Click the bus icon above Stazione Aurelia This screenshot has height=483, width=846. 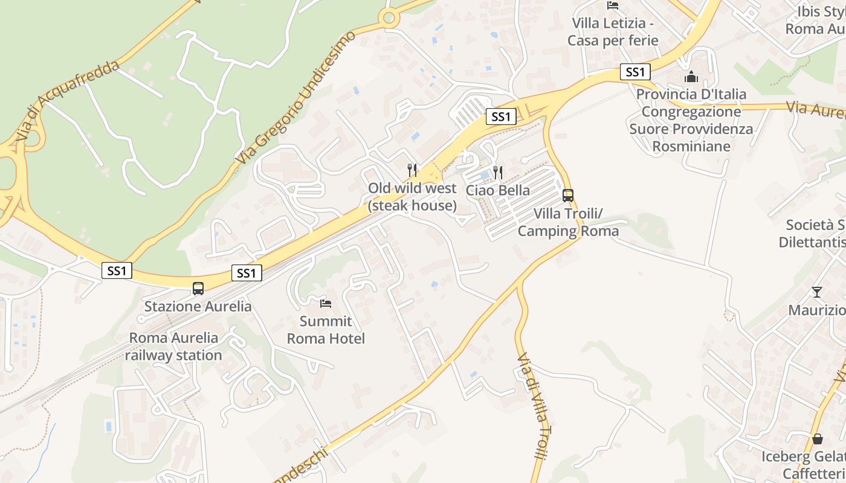point(198,288)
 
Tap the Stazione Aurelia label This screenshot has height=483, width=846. point(198,306)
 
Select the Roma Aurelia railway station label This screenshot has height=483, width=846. point(173,347)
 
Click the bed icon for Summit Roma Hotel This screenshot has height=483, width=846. point(326,303)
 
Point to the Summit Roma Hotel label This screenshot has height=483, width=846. point(326,330)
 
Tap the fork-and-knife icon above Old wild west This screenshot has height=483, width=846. point(412,170)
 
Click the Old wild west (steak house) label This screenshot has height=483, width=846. point(412,197)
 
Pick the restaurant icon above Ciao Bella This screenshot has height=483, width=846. point(497,173)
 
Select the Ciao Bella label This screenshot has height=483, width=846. point(497,190)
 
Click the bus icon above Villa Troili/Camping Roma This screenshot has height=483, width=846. point(568,195)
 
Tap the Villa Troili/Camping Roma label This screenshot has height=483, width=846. point(568,222)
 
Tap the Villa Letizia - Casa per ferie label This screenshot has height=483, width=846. point(613,32)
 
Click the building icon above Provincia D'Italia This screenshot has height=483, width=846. point(691,77)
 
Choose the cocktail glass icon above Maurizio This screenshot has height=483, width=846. point(817,292)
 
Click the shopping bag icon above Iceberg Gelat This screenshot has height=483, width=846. point(817,438)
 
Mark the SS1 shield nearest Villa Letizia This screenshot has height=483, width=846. point(634,72)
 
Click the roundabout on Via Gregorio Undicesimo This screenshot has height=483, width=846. point(389,18)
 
